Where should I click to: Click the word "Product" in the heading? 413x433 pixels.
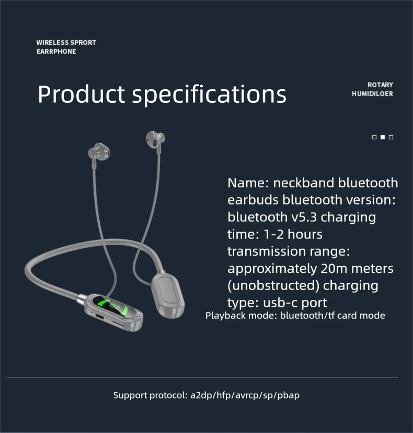click(x=82, y=94)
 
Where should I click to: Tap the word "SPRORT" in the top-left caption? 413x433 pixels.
click(x=83, y=43)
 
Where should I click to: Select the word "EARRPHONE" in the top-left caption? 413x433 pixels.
click(x=56, y=52)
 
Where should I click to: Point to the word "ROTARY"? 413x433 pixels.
click(x=380, y=85)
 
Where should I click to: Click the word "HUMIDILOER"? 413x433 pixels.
click(x=372, y=94)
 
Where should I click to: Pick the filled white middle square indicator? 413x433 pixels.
click(x=383, y=137)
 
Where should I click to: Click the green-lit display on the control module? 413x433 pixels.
click(x=114, y=306)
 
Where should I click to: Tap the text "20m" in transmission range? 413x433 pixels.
click(x=335, y=269)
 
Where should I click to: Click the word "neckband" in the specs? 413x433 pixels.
click(x=304, y=183)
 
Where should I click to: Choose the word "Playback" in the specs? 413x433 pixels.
click(x=223, y=315)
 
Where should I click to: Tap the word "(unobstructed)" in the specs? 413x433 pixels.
click(x=273, y=286)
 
